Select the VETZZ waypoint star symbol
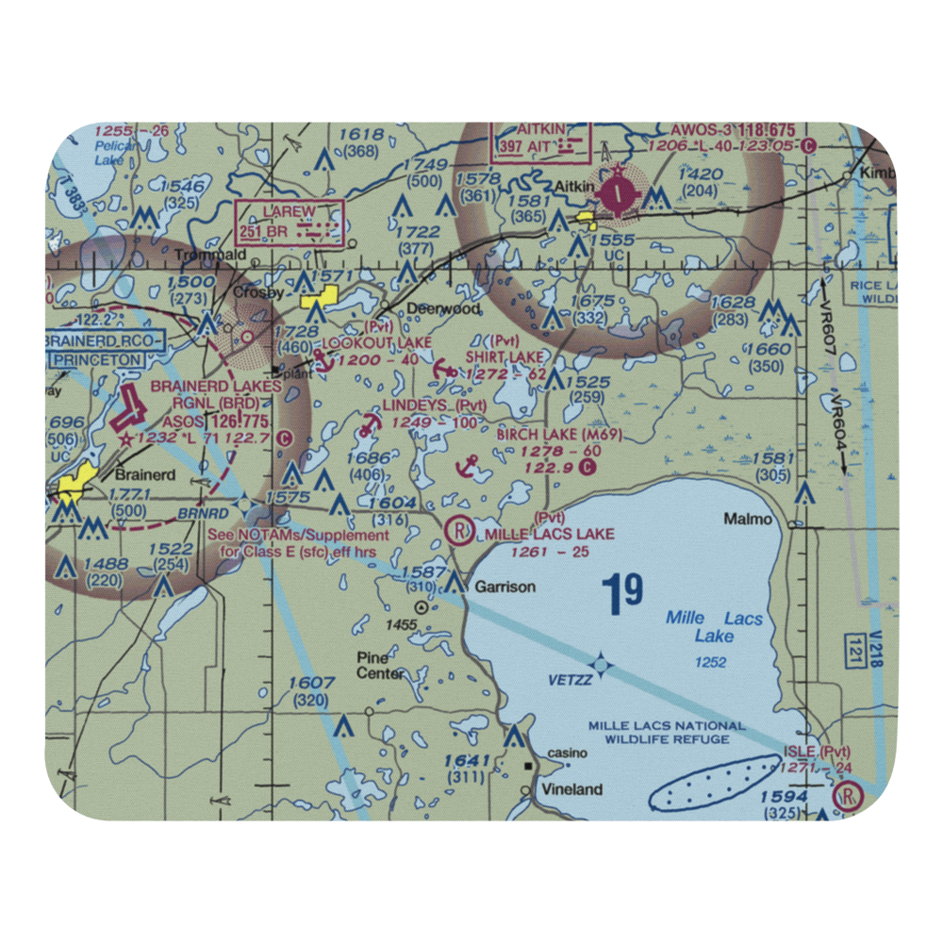coord(604,666)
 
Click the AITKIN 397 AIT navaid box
coord(541,141)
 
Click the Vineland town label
coord(571,789)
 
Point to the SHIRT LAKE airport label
coord(505,356)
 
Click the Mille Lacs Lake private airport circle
coord(460,533)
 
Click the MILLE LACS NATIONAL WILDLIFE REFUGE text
coord(667,733)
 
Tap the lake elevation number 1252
coord(710,663)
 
